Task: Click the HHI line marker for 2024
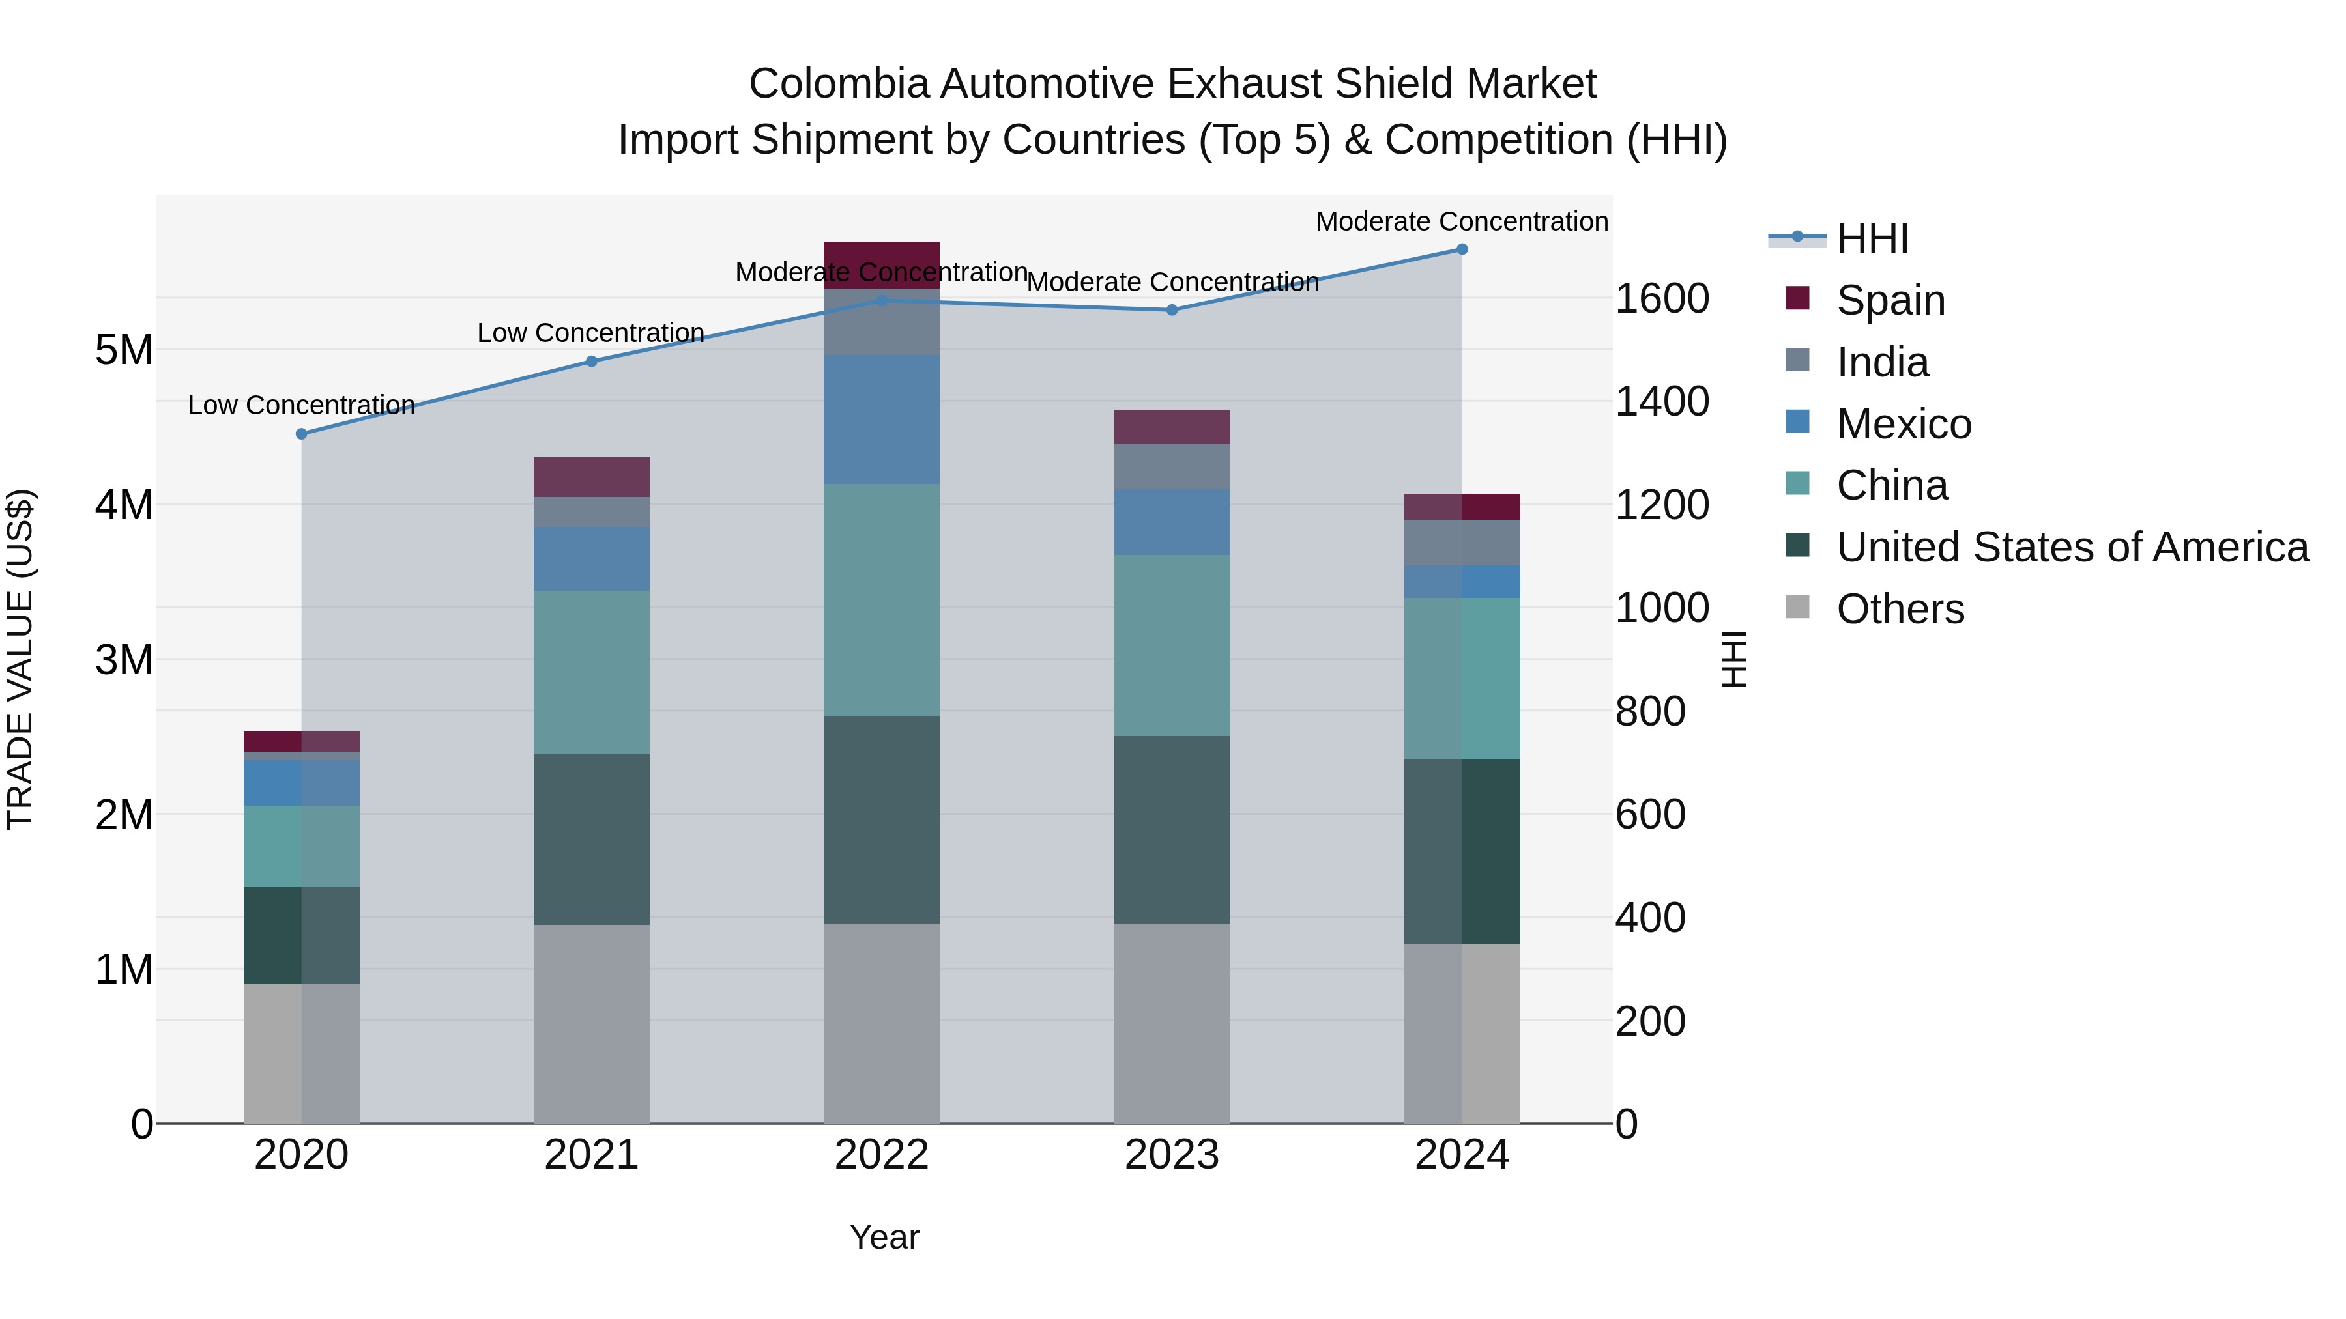point(1462,249)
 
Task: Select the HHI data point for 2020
point(302,434)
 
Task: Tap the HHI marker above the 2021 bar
point(591,362)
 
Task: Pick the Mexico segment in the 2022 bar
point(880,419)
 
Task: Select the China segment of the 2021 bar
point(591,673)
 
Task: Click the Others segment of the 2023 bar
point(1171,1023)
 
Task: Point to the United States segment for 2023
point(1171,829)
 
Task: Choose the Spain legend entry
point(1890,300)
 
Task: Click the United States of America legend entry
point(2072,547)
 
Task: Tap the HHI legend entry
point(1872,238)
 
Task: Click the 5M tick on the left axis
point(124,350)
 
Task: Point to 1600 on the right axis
point(1662,298)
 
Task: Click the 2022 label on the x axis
point(880,1155)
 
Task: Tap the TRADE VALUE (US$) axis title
point(20,659)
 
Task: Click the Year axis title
point(884,1237)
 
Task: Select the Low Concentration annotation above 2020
point(302,405)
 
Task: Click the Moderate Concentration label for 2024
point(1461,221)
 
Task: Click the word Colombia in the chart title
point(838,84)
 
